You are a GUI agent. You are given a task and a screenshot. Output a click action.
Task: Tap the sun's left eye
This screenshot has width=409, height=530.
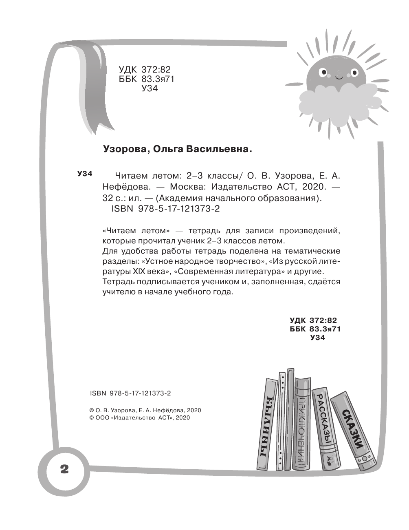tap(324, 74)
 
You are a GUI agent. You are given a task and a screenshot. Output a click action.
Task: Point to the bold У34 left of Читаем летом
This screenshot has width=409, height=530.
tap(85, 174)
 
